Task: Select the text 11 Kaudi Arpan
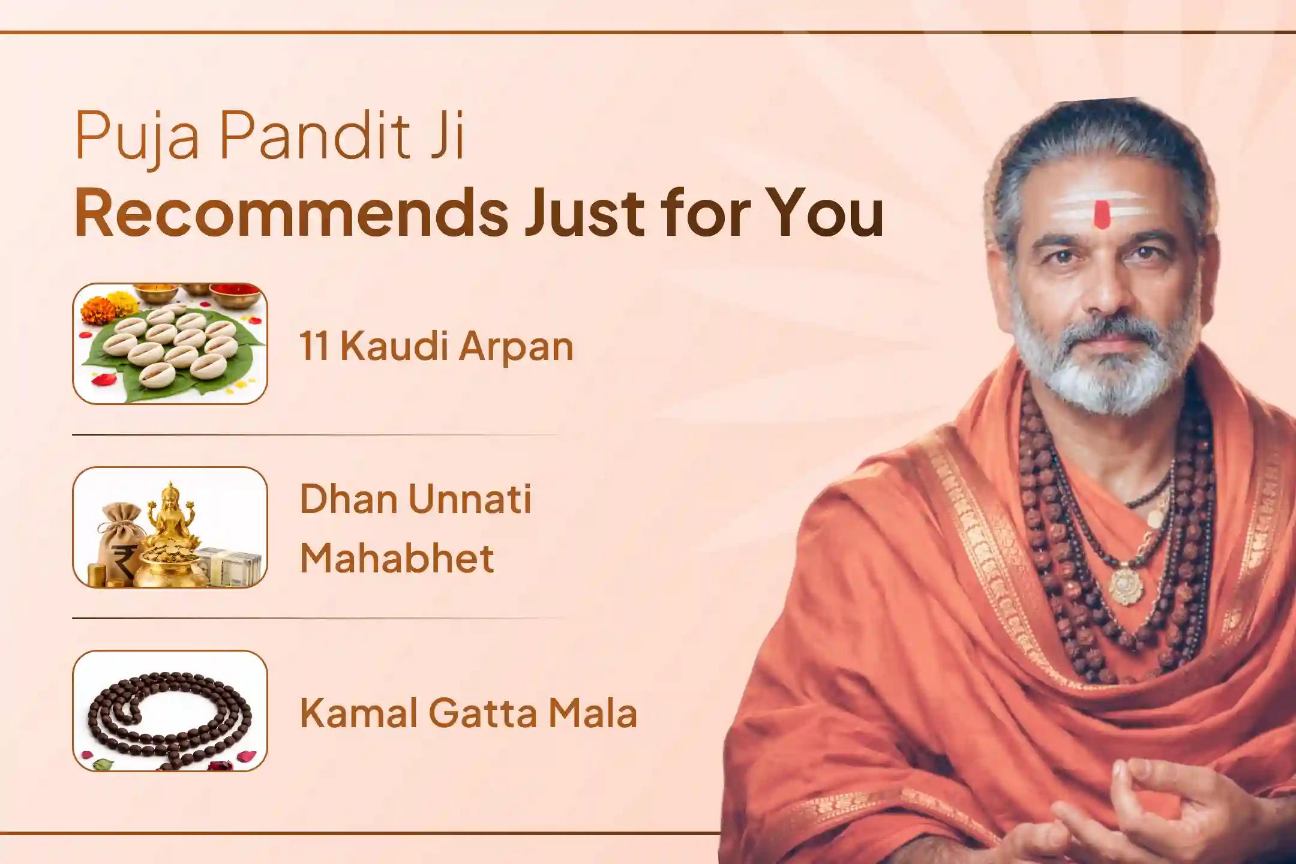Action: tap(436, 346)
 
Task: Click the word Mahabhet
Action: tap(397, 557)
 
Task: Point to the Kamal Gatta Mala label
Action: tap(468, 713)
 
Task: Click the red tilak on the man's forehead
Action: tap(1100, 214)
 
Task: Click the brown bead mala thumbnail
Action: tap(170, 710)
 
